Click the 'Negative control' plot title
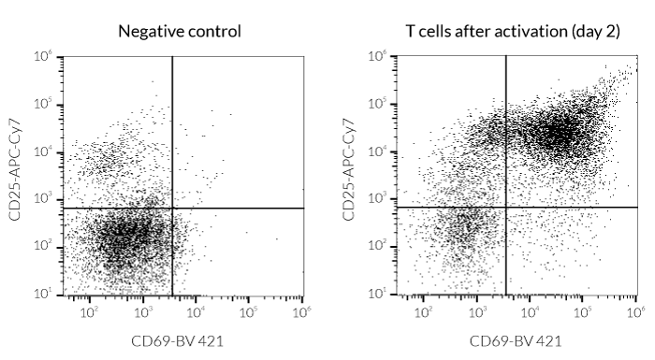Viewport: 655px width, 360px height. pyautogui.click(x=179, y=31)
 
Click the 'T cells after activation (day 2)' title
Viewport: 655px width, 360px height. pyautogui.click(x=513, y=31)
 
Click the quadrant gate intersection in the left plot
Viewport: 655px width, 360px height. pyautogui.click(x=172, y=208)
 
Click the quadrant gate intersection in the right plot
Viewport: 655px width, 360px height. pyautogui.click(x=506, y=208)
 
